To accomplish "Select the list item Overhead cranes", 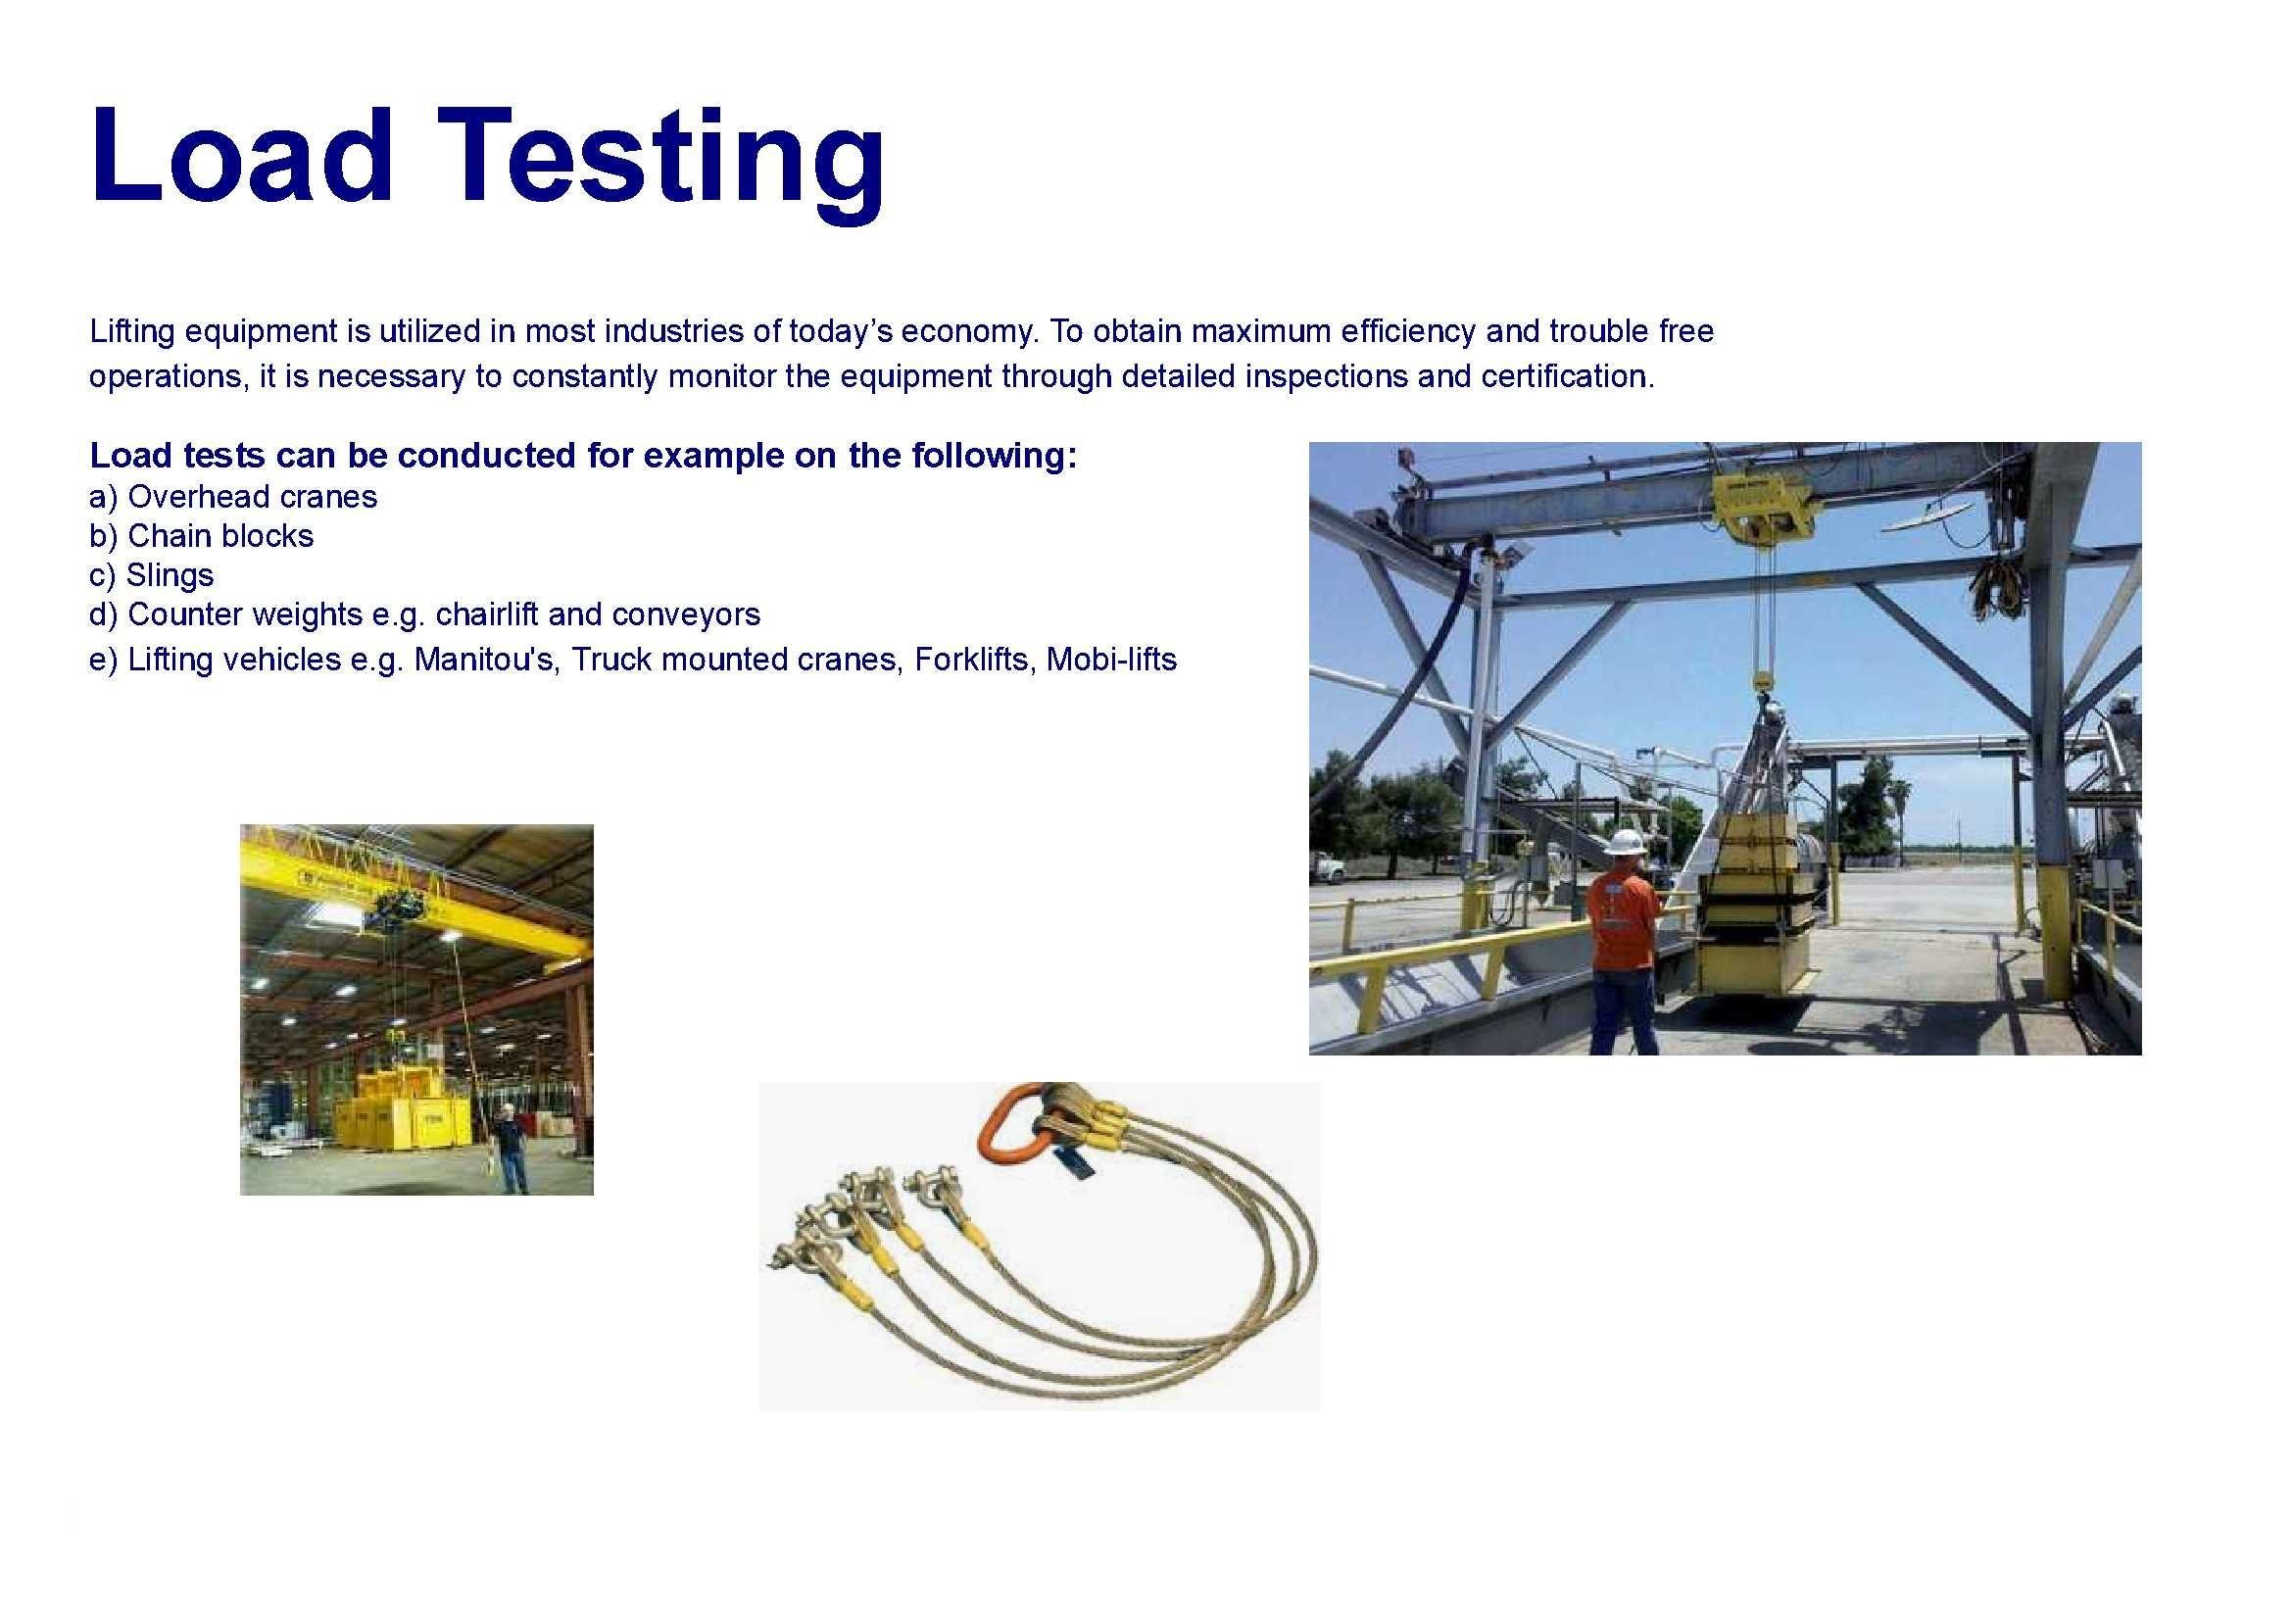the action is click(x=232, y=496).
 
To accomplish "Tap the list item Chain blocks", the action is click(x=201, y=536).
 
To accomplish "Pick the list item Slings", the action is click(x=151, y=575).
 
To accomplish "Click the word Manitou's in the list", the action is click(x=488, y=660).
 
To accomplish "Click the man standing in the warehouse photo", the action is click(x=512, y=1149).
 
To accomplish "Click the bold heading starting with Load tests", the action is click(x=584, y=455).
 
